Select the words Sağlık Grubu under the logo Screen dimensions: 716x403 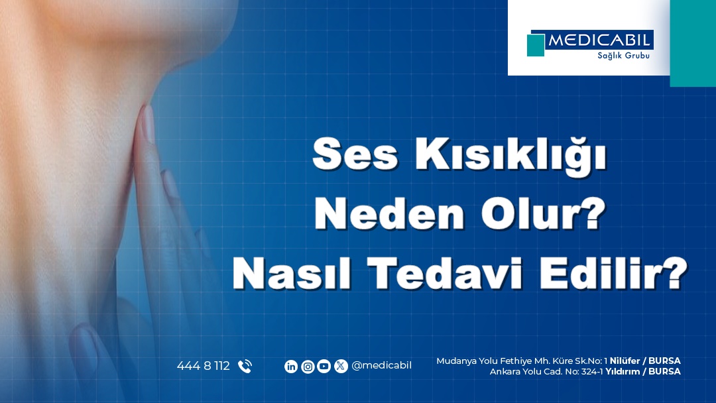click(623, 56)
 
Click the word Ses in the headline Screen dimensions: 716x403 click(355, 154)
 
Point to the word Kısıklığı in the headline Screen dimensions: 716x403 click(510, 156)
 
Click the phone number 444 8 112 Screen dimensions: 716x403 click(204, 366)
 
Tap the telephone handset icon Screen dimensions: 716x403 click(245, 366)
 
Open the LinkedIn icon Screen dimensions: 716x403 click(291, 366)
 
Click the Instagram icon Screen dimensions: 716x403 click(308, 366)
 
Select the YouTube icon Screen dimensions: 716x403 click(324, 366)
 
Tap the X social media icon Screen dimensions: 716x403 click(341, 366)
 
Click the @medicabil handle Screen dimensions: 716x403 click(382, 366)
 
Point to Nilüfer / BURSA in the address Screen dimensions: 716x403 click(645, 361)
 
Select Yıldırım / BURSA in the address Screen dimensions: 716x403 click(643, 371)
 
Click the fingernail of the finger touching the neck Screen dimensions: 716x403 click(147, 123)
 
